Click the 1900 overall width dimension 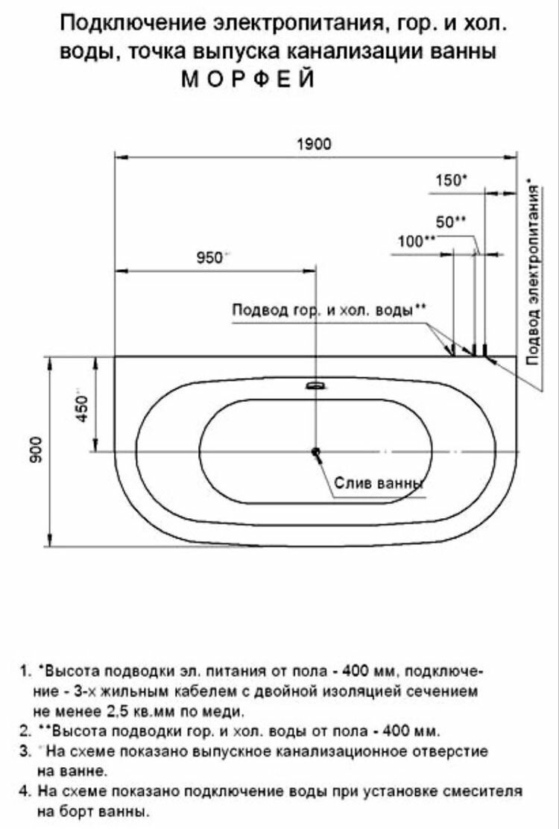(315, 145)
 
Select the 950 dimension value (210, 257)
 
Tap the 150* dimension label (451, 180)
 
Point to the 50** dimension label (451, 221)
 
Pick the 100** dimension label (417, 241)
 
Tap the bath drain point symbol (316, 452)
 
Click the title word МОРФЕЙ (248, 80)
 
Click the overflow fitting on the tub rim (316, 386)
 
